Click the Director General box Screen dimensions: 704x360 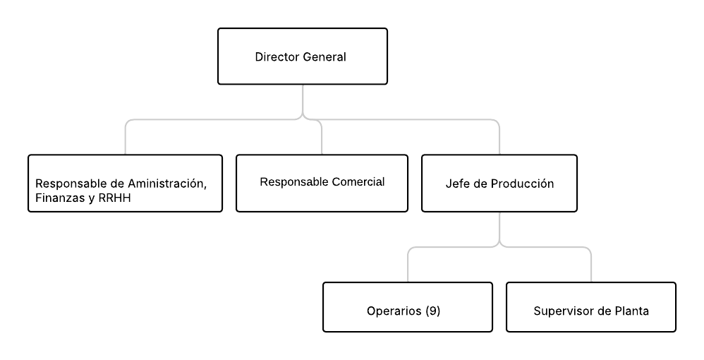tap(302, 56)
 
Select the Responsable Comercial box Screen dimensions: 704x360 tap(322, 183)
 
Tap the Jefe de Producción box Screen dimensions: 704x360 tap(499, 183)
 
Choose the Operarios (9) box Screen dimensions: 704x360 tap(408, 307)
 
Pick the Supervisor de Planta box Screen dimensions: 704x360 tap(591, 307)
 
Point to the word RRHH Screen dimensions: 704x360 tap(114, 198)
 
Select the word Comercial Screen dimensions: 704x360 tap(358, 181)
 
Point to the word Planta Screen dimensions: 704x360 tap(632, 311)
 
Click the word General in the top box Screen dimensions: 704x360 tap(324, 56)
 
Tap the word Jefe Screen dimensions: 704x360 tap(455, 184)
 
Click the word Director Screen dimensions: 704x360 tap(277, 56)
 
